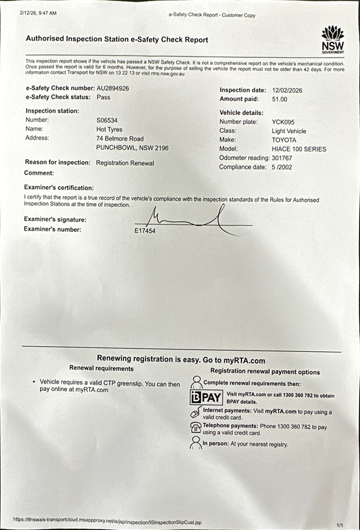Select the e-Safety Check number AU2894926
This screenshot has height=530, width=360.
[113, 88]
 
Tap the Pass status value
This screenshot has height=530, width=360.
[103, 97]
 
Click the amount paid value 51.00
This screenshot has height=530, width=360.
[279, 99]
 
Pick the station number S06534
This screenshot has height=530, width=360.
[107, 120]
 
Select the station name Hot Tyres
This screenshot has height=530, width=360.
[111, 129]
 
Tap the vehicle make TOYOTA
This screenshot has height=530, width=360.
[283, 140]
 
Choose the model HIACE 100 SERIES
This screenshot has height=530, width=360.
[298, 149]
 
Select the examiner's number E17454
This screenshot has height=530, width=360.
[145, 231]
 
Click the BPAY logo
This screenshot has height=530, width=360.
[206, 396]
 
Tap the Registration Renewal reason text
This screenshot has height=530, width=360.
[125, 163]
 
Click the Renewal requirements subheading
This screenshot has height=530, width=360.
[101, 368]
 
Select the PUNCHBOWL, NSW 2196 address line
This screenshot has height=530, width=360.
[132, 148]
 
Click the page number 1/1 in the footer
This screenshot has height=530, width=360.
[340, 524]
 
